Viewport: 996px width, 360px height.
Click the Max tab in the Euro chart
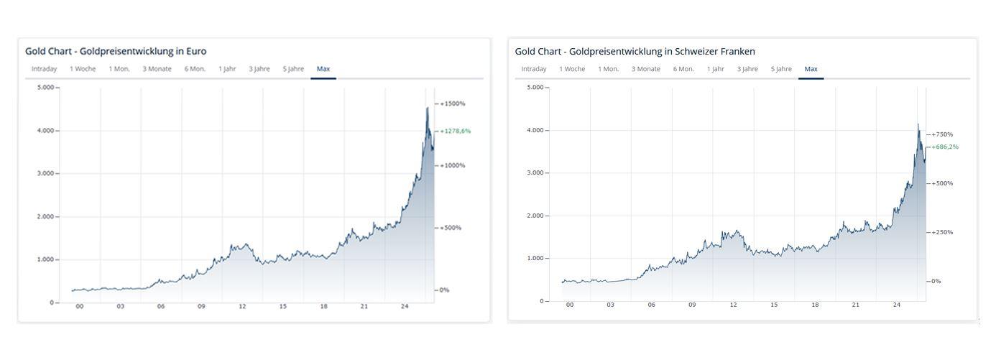[x=323, y=69]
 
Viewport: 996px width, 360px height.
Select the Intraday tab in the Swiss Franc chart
[x=533, y=69]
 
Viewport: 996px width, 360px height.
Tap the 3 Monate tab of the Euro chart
[x=157, y=69]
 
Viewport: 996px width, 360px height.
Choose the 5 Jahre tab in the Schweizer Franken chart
[x=781, y=69]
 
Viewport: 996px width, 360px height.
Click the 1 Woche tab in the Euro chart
[x=83, y=69]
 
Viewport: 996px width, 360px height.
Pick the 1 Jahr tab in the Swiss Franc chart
[x=716, y=69]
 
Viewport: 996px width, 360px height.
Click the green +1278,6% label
[x=456, y=131]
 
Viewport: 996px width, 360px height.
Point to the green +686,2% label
[x=945, y=147]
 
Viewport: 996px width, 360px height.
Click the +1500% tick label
[x=453, y=103]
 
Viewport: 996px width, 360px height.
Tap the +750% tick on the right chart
[x=943, y=134]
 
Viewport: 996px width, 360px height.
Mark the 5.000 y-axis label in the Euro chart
[x=46, y=87]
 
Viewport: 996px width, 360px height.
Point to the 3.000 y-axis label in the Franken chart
[x=535, y=172]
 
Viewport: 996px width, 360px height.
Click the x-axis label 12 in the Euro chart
[x=242, y=306]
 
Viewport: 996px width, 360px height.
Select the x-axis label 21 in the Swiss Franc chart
[x=855, y=305]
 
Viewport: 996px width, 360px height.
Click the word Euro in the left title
[x=196, y=51]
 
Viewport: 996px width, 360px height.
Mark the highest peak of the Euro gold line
[x=428, y=107]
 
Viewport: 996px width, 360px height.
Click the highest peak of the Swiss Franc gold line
[x=918, y=124]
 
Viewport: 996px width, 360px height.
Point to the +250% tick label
[x=943, y=232]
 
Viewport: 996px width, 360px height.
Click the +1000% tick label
[x=453, y=165]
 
